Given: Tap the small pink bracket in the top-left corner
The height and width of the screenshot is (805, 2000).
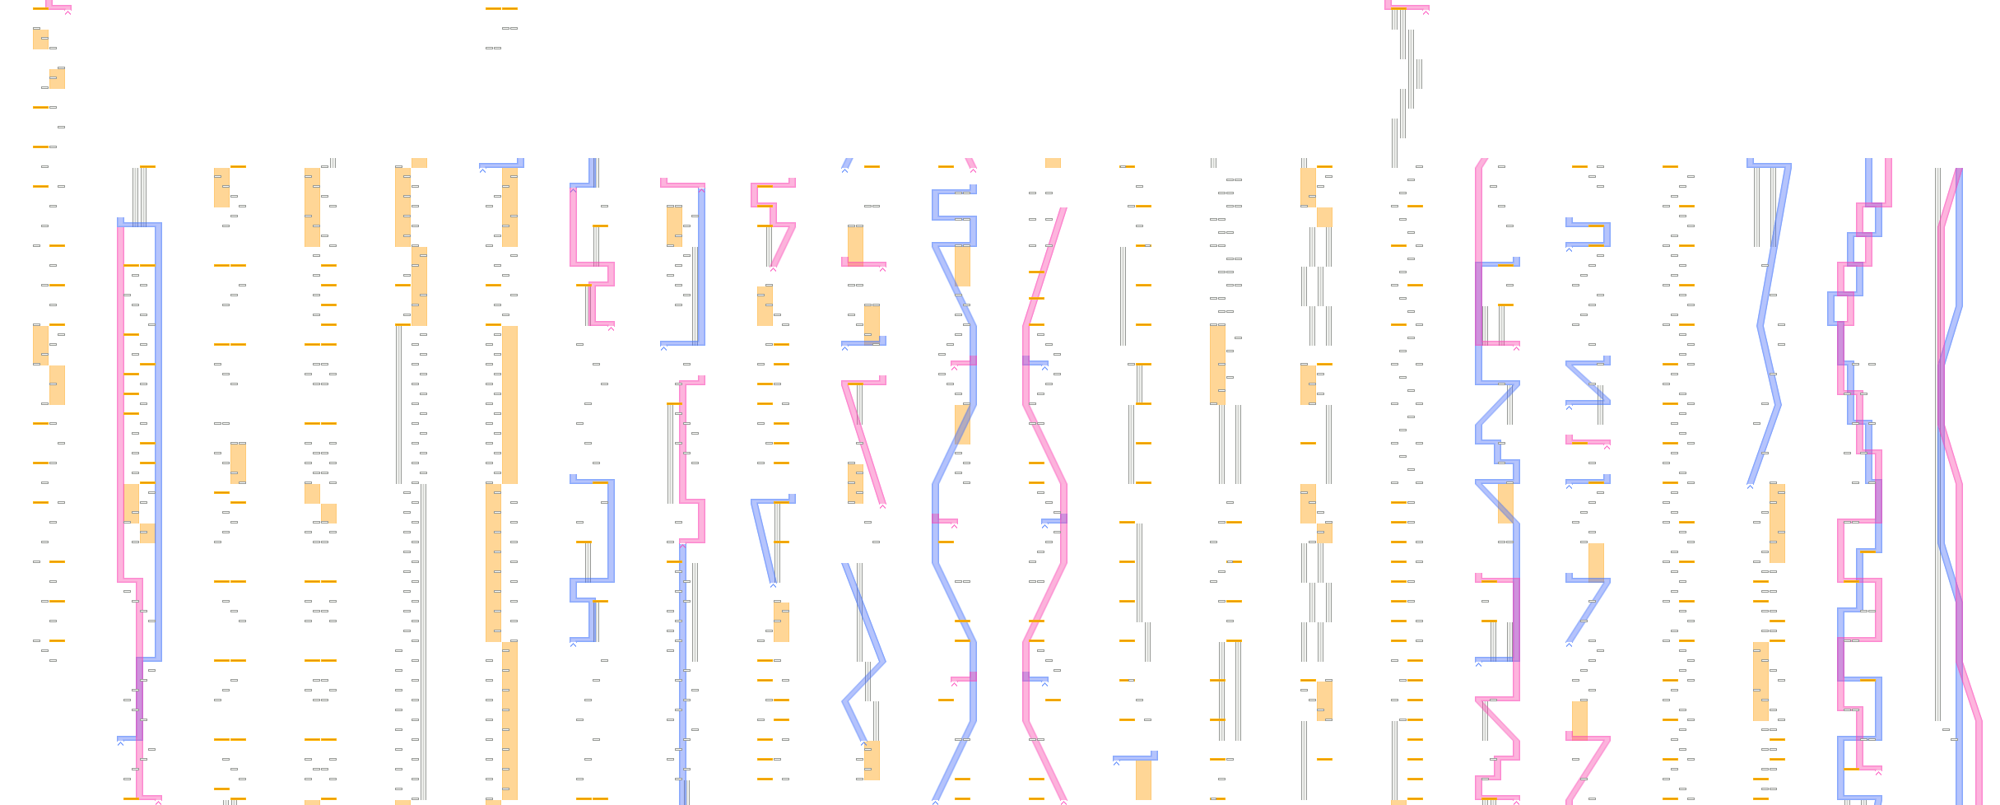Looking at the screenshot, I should (x=58, y=7).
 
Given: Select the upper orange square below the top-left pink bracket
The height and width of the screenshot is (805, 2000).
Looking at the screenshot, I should (x=40, y=39).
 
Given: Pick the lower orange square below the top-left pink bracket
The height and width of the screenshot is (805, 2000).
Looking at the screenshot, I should (x=57, y=78).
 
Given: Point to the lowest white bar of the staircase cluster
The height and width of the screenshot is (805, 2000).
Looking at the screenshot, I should (x=1394, y=142).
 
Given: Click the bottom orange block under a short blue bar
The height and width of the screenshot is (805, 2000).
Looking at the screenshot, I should (x=1143, y=779).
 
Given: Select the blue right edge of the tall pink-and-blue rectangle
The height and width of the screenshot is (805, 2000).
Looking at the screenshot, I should (x=158, y=436).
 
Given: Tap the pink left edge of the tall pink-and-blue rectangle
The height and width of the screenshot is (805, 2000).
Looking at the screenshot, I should (x=121, y=403).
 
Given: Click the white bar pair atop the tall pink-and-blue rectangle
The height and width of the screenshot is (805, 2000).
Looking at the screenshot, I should (x=140, y=195).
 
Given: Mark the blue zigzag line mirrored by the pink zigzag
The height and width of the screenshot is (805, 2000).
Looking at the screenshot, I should (x=955, y=494).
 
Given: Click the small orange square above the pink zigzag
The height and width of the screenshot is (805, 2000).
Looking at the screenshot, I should (x=1053, y=163).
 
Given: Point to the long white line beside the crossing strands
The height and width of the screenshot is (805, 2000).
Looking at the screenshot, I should (x=1937, y=444).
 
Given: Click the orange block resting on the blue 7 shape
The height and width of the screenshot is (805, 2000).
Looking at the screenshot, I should (x=1596, y=560).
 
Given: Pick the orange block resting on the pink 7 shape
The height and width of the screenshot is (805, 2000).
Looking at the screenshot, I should (x=1579, y=717).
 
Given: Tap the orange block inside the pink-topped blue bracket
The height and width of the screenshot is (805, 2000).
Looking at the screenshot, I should (x=674, y=226).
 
